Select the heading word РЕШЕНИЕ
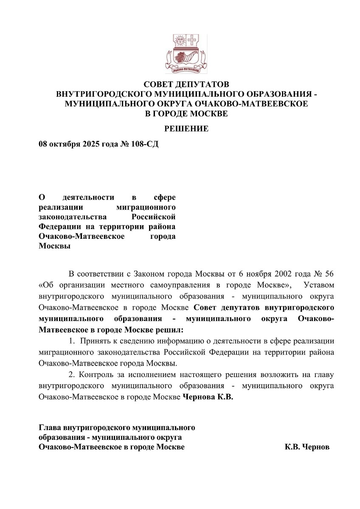pyautogui.click(x=186, y=129)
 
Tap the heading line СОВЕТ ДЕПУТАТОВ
pyautogui.click(x=186, y=84)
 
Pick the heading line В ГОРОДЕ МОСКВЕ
pyautogui.click(x=186, y=114)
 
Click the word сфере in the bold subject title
pyautogui.click(x=164, y=197)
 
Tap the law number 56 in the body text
pyautogui.click(x=329, y=272)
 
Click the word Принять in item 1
pyautogui.click(x=96, y=341)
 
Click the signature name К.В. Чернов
pyautogui.click(x=307, y=447)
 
